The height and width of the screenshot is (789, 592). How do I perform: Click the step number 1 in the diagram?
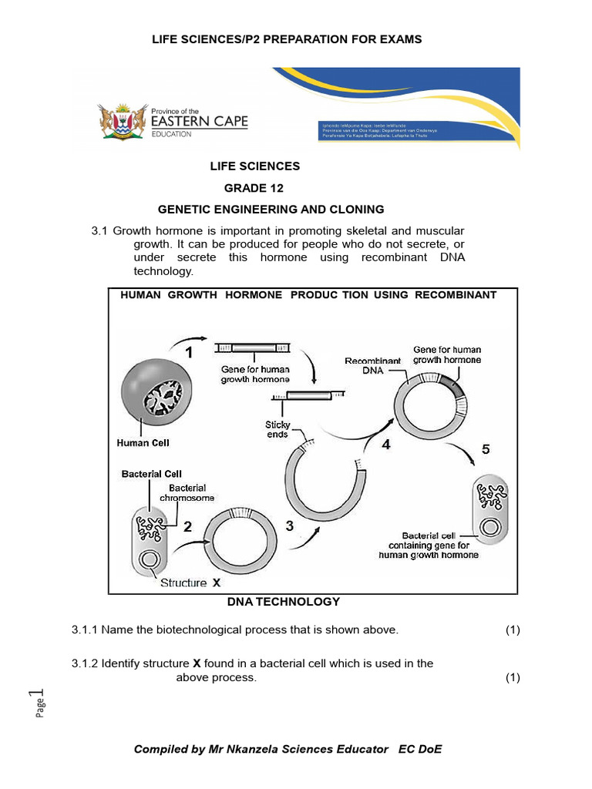tap(188, 353)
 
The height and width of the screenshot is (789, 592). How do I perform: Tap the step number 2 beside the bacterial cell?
tap(187, 528)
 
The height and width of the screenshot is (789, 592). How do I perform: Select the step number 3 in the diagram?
tap(290, 526)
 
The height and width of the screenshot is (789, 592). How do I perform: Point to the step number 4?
tap(386, 445)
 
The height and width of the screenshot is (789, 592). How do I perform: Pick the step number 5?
tap(486, 449)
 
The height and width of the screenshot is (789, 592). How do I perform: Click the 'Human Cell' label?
tap(143, 443)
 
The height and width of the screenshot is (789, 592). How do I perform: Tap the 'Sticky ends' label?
tap(277, 429)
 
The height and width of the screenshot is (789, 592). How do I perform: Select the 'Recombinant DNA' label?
tap(373, 365)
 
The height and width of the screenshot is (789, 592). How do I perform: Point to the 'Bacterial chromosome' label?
tap(187, 492)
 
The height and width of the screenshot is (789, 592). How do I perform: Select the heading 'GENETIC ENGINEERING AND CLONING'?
tap(271, 209)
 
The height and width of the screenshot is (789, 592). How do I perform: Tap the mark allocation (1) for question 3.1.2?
tap(513, 677)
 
